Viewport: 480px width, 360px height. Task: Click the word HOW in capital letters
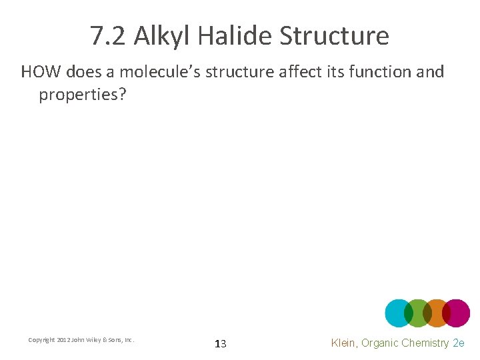[41, 72]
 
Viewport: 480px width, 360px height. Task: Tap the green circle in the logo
[418, 313]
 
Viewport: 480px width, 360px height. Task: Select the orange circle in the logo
[437, 313]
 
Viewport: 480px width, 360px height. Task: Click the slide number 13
[221, 344]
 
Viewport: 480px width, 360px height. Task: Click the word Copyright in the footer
[41, 340]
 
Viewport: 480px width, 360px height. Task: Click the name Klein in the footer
[346, 343]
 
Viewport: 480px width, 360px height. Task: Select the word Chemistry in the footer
[425, 343]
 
